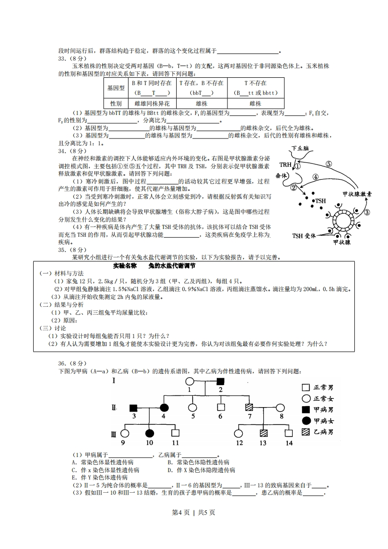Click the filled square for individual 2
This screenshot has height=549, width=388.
221,382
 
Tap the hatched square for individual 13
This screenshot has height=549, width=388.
263,433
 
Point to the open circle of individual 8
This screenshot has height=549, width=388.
281,407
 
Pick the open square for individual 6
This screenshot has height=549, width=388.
221,407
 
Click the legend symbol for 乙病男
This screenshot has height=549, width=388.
306,431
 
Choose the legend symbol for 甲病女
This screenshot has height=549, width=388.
306,420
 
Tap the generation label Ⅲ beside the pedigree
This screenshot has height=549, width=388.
114,433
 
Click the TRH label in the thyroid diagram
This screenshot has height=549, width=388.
286,164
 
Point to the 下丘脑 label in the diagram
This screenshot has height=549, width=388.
300,148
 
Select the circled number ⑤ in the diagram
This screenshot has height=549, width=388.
329,164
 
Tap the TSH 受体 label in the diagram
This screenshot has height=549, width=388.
303,236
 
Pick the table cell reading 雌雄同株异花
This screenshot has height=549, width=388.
152,104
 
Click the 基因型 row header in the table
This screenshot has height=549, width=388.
115,88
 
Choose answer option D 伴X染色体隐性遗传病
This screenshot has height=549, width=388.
201,470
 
